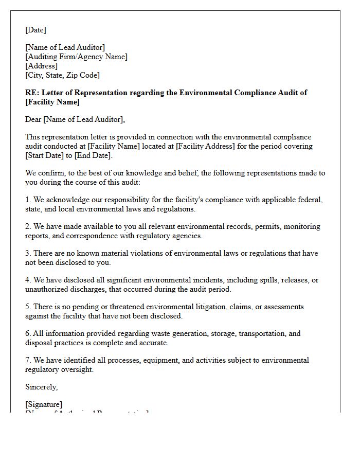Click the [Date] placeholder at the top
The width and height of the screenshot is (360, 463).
(35, 30)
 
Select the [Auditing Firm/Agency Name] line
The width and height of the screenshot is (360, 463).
(76, 57)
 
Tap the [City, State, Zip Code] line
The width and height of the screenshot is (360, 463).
(62, 75)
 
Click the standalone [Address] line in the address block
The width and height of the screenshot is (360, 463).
(41, 66)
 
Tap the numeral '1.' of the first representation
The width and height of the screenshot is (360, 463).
(28, 200)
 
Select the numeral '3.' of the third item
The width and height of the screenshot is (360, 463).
(28, 253)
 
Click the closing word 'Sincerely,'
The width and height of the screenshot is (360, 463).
(42, 387)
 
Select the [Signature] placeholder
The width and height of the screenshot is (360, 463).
(44, 404)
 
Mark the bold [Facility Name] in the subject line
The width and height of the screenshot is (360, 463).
(52, 102)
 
